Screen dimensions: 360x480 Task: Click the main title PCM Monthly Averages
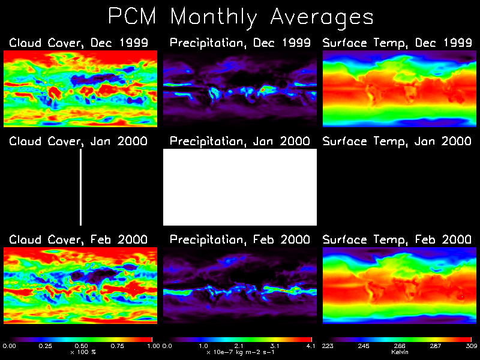(240, 17)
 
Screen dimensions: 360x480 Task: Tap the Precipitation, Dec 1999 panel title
(240, 43)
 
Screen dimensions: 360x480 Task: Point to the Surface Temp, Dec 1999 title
(397, 43)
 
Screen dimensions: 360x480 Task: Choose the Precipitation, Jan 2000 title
(240, 142)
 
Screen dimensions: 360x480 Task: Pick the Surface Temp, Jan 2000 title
(397, 142)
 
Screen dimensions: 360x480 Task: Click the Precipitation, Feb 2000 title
(240, 239)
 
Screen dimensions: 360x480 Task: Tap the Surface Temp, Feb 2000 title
(397, 239)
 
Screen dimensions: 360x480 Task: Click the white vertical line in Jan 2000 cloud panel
(80, 187)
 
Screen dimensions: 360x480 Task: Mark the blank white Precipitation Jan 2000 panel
(240, 187)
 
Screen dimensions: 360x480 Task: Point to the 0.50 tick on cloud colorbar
(80, 346)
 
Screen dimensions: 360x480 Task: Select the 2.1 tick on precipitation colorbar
(240, 346)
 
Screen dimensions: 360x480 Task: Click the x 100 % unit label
(80, 352)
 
